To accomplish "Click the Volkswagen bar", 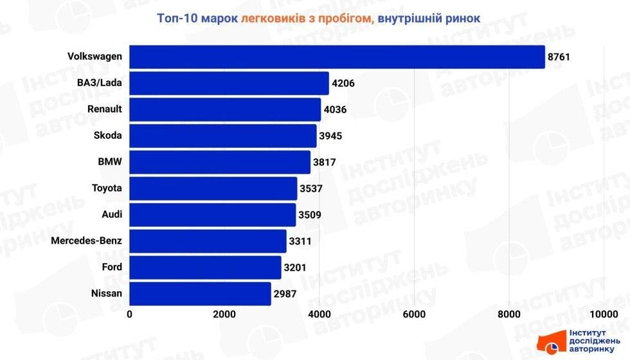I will coord(337,57).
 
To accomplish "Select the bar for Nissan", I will coord(200,294).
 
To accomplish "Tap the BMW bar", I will coord(220,162).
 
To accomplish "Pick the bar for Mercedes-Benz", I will coord(208,241).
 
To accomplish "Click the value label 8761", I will coord(559,57).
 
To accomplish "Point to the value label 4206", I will coord(343,83).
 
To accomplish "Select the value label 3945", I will coord(331,136).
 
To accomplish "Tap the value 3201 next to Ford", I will coord(296,267).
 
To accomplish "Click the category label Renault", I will coord(104,109).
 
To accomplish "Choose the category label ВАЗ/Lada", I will coord(100,83).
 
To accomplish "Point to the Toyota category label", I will coord(107,188).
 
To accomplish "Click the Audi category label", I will coord(112,215).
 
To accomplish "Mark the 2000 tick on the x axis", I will coord(224,314).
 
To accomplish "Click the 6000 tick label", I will coord(414,314).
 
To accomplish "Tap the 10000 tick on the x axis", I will coord(604,314).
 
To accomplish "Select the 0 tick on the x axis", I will coord(130,314).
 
